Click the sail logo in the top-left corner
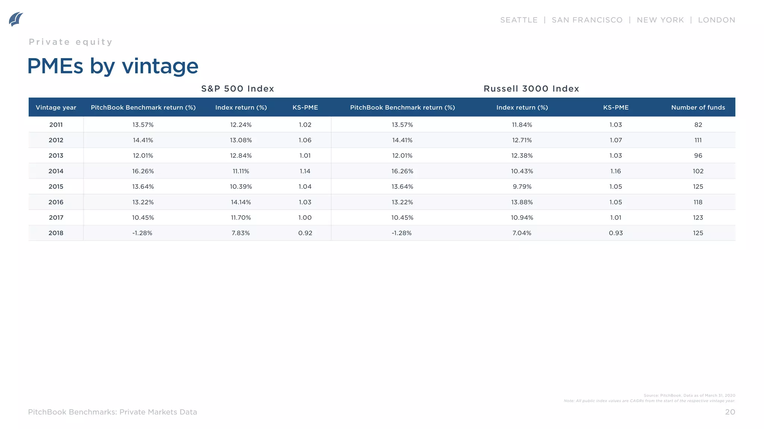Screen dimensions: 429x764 [x=16, y=19]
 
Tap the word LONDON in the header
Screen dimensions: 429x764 [x=716, y=20]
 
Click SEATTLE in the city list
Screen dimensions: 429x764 [x=519, y=20]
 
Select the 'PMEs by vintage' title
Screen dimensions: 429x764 [x=113, y=66]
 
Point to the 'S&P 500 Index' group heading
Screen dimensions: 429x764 [x=238, y=89]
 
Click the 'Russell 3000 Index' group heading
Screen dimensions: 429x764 [x=531, y=89]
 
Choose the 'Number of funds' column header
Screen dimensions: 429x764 [x=698, y=108]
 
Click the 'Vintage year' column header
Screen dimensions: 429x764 [x=56, y=108]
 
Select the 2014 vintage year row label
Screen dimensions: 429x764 [x=56, y=171]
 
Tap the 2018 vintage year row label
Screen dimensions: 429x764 [x=56, y=233]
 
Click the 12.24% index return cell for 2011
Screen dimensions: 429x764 [x=241, y=125]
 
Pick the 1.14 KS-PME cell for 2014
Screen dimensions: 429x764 [x=305, y=171]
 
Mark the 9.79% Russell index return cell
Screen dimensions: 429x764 [x=522, y=187]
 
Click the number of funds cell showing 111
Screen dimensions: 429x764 [x=698, y=140]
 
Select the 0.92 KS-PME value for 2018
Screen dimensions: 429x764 [x=305, y=233]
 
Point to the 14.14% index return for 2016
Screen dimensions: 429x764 [x=241, y=202]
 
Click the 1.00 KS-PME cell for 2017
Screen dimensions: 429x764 [x=305, y=217]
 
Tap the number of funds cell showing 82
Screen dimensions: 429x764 [x=698, y=125]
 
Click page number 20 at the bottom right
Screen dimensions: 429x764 [x=730, y=412]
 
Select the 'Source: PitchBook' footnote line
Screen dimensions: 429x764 [x=689, y=395]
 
